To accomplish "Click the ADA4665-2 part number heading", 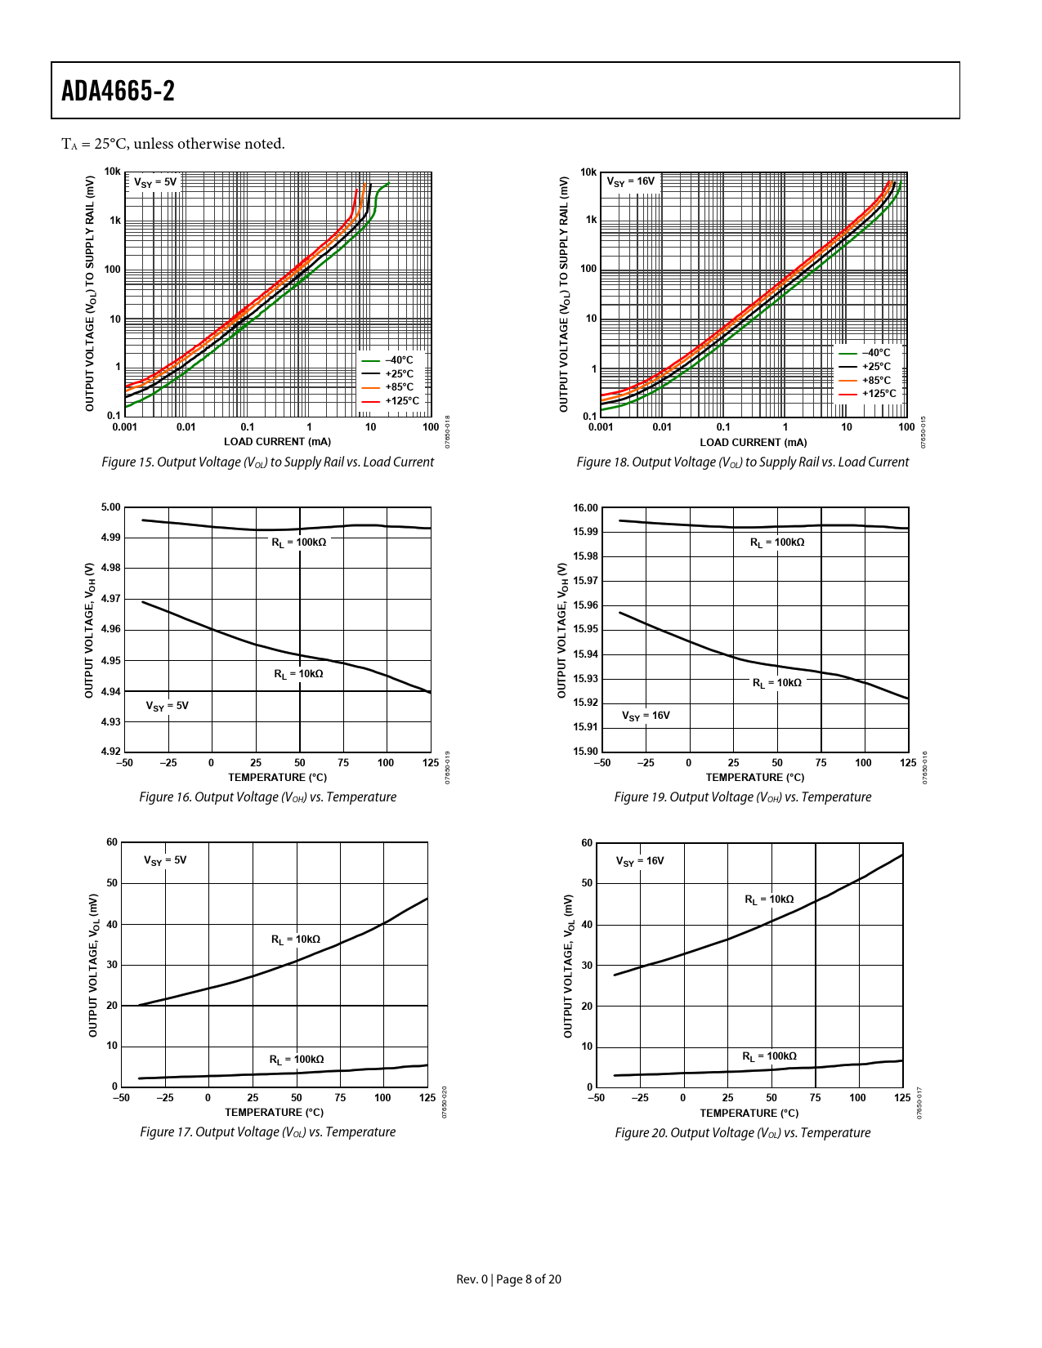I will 118,91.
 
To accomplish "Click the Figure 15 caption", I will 267,462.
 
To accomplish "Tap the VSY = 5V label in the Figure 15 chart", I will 155,182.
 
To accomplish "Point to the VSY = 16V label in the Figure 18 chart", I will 631,181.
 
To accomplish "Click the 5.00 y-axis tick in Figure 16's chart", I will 110,507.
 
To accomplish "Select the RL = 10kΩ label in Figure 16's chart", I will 298,674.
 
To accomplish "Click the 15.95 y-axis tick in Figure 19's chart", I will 585,630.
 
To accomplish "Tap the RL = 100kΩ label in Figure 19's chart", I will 777,542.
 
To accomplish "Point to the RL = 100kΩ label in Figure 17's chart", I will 297,1060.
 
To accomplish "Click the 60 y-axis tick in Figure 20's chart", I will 587,843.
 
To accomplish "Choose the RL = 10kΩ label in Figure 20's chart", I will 769,899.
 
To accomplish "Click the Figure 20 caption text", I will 742,1133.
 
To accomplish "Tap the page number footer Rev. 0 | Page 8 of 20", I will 508,1279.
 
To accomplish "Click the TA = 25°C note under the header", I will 173,145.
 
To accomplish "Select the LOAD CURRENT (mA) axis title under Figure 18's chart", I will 753,443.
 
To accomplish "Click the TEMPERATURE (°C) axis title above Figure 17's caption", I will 274,1113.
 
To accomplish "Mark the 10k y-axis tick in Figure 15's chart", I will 112,172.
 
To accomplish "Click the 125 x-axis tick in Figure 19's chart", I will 907,763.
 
